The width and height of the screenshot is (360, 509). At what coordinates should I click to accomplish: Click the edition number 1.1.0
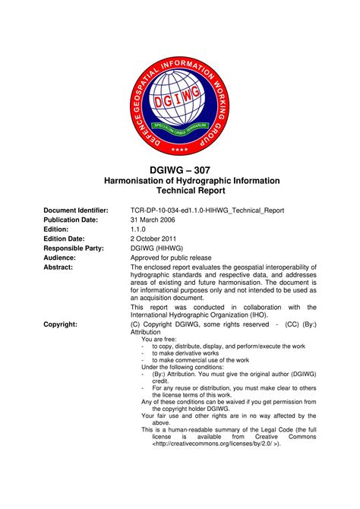tap(138, 229)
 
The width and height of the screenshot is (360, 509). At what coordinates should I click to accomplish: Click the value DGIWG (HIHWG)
tap(156, 248)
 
